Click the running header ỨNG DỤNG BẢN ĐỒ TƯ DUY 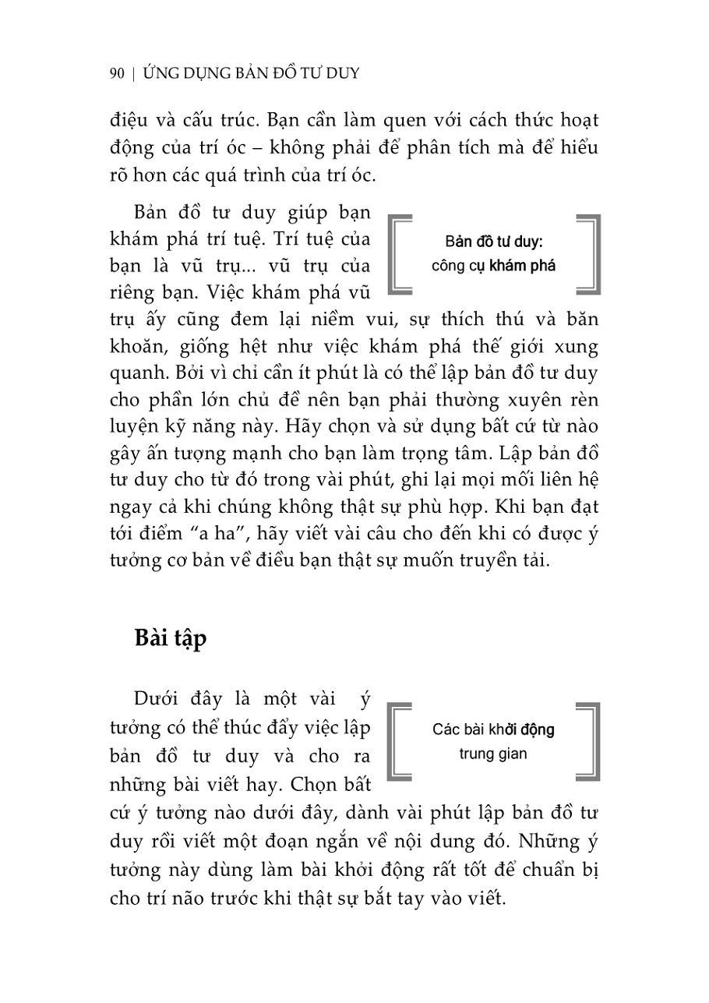(252, 73)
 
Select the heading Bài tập (171, 637)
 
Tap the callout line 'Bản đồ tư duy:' (493, 241)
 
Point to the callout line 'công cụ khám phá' (493, 266)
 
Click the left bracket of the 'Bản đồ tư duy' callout (398, 255)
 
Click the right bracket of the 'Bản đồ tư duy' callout (589, 255)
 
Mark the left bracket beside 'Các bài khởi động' (398, 741)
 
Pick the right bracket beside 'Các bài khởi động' (589, 741)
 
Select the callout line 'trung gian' (492, 754)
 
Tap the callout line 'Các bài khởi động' (493, 729)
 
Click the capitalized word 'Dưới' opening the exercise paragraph (157, 700)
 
